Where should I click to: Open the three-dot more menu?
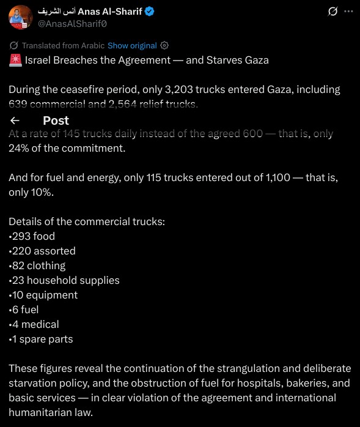pos(348,12)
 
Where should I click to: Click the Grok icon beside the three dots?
pos(333,12)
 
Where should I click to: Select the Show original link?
pos(132,46)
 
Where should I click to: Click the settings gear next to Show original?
pos(164,46)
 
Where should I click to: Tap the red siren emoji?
pos(15,60)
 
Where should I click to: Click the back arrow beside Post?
pos(15,121)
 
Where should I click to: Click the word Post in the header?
pos(56,121)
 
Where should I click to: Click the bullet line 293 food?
pos(32,236)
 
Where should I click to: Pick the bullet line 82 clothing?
pos(38,265)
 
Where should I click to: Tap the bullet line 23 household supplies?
pos(65,280)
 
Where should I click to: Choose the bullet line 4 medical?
pos(34,324)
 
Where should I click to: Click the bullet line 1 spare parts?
pos(41,339)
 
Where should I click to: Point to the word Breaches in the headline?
pos(76,60)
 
